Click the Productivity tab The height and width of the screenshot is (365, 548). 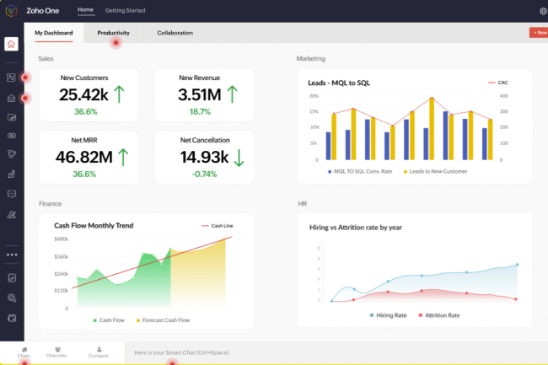coord(113,33)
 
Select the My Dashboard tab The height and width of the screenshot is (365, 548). coord(54,33)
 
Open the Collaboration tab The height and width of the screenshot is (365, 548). coord(175,33)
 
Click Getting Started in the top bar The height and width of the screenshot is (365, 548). coord(125,10)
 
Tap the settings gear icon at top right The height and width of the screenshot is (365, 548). coord(542,11)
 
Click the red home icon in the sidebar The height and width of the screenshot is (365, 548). coord(11,45)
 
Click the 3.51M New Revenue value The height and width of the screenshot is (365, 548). coord(200,94)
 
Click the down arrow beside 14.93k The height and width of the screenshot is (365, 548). coord(239,156)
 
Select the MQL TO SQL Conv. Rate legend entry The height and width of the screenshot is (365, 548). coord(363,171)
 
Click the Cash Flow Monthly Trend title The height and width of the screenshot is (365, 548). coord(94,226)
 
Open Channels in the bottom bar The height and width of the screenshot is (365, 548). coord(56,352)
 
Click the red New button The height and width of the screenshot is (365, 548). coord(538,32)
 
